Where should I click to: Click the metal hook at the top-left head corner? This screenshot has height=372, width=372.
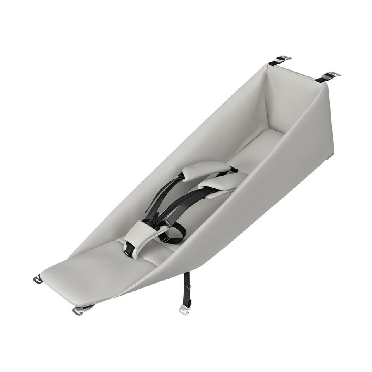pos(280,60)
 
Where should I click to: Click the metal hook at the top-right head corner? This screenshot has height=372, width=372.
pos(329,76)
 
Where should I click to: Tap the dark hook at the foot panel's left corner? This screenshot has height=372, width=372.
pos(38,280)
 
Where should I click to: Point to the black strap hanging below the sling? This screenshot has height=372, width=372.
pos(187,289)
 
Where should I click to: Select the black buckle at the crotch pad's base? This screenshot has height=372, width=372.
pos(129,249)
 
